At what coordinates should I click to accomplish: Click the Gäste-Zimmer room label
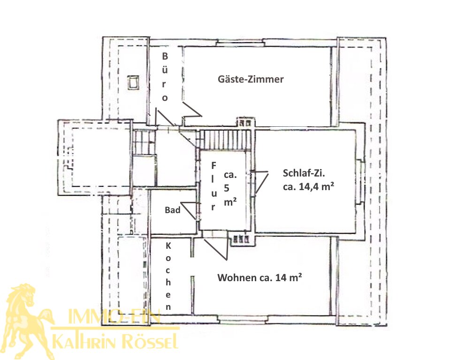(x=251, y=79)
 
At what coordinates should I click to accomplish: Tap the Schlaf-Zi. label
(x=304, y=173)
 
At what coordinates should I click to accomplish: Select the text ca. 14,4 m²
(x=308, y=187)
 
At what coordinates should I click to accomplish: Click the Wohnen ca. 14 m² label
(x=259, y=277)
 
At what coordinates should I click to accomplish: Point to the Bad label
(x=173, y=210)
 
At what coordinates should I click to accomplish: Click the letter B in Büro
(x=165, y=56)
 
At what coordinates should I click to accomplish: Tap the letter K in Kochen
(x=168, y=246)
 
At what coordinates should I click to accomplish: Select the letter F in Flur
(x=214, y=166)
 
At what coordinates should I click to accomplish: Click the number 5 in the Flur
(x=227, y=188)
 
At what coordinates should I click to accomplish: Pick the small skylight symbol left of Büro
(x=133, y=83)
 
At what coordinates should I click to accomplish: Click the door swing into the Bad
(x=189, y=211)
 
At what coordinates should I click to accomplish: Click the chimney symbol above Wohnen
(x=241, y=239)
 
